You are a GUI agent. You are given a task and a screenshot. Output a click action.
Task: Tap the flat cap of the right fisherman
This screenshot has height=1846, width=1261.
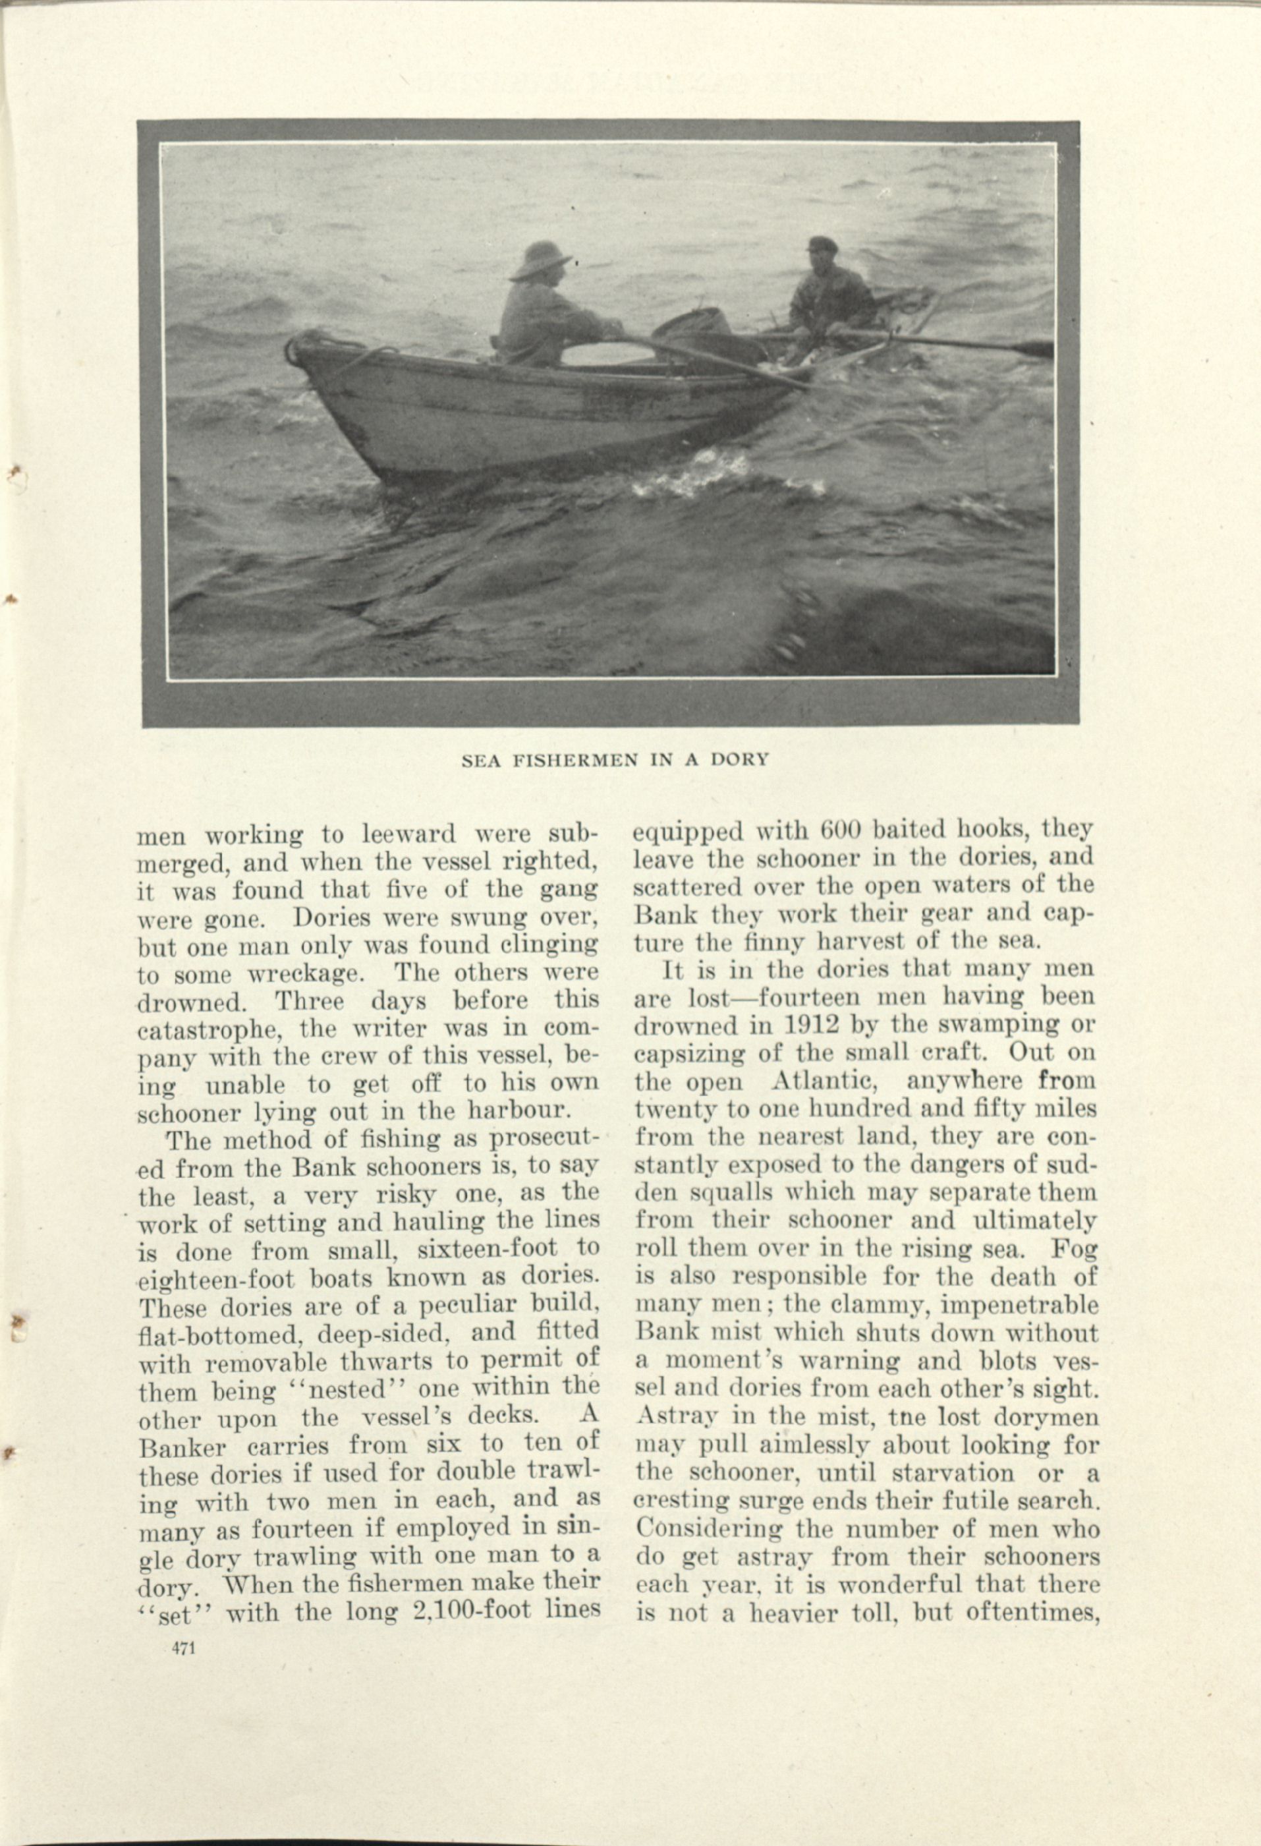click(x=823, y=243)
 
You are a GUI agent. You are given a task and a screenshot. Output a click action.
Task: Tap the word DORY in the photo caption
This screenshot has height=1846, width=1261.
click(x=739, y=759)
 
